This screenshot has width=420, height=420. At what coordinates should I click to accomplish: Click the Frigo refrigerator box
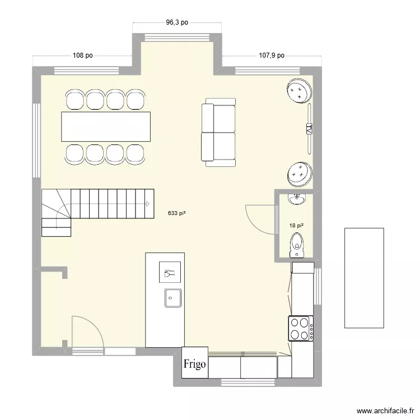pos(195,363)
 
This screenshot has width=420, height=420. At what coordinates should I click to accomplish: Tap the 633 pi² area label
pos(176,213)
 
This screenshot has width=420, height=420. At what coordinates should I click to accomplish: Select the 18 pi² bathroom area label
pos(296,226)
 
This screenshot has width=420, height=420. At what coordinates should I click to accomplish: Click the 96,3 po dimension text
pos(177,23)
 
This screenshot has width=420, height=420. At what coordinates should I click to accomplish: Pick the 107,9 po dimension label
pos(272,55)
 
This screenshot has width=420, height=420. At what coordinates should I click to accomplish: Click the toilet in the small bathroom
pos(297,245)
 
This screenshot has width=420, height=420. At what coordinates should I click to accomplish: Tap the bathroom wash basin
pos(296,199)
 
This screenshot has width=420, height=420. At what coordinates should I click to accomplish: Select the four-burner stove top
pos(300,329)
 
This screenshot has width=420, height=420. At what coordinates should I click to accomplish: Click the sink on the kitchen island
pos(172,297)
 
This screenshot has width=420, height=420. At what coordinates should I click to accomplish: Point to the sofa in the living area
pos(218,132)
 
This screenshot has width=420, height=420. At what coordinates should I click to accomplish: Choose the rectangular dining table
pos(106,127)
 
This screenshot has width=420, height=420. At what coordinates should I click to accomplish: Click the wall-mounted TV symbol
pos(309,130)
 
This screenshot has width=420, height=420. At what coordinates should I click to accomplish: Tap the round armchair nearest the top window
pos(299,91)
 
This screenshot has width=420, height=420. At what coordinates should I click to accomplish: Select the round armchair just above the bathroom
pos(300,174)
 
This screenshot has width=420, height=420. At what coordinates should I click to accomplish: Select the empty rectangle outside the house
pos(364,278)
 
